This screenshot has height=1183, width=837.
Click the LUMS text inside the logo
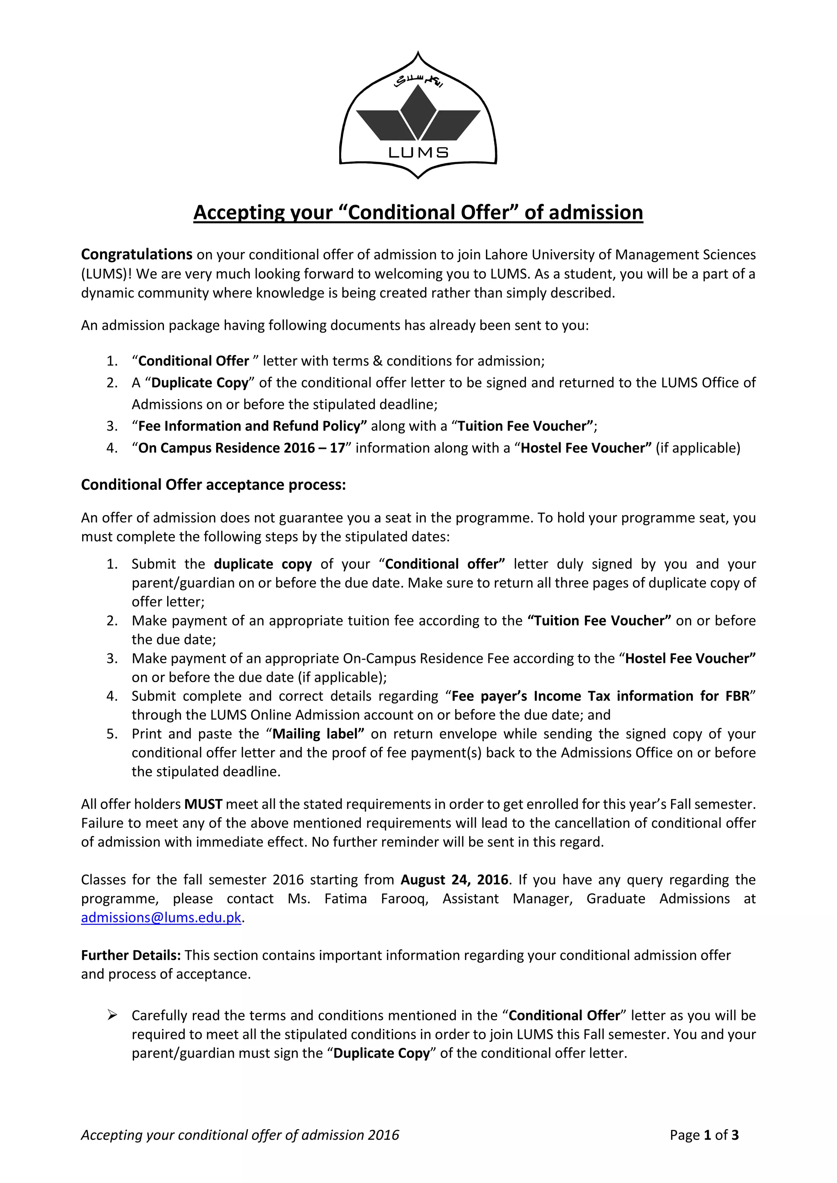[x=418, y=152]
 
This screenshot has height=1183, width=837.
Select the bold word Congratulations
[x=137, y=254]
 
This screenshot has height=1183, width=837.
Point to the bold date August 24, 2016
[x=454, y=879]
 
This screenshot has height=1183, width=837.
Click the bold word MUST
[x=203, y=804]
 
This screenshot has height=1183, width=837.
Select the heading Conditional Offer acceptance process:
[x=213, y=485]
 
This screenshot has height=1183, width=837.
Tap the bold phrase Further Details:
[x=131, y=955]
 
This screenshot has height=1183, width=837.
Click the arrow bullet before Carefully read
[x=112, y=1016]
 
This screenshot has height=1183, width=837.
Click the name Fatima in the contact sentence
[x=345, y=899]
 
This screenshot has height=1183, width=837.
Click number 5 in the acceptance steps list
[x=112, y=734]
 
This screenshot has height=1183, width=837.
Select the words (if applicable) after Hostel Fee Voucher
[x=698, y=448]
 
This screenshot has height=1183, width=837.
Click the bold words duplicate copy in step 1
[x=263, y=564]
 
